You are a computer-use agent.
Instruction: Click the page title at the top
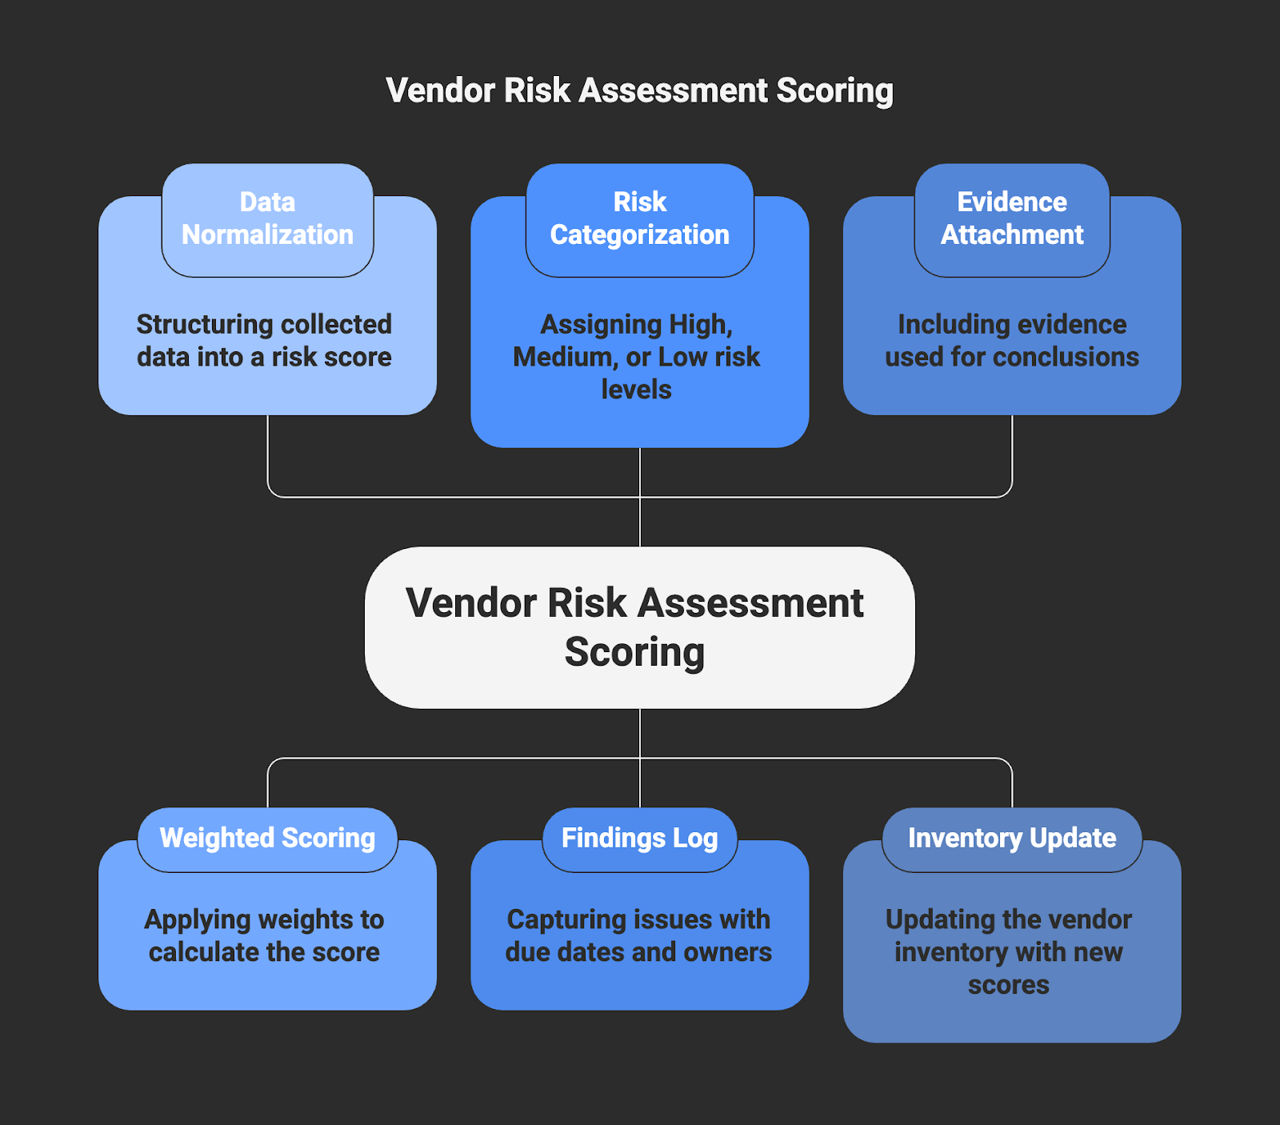tap(639, 90)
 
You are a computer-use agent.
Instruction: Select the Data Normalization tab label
tap(267, 218)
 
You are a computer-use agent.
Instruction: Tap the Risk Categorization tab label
tap(639, 218)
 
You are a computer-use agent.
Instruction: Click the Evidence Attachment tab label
tap(1012, 218)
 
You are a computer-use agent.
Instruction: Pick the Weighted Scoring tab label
tap(267, 838)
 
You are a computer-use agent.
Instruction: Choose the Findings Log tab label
tap(639, 838)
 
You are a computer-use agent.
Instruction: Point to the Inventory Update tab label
tap(1012, 838)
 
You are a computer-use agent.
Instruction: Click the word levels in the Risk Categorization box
tap(636, 390)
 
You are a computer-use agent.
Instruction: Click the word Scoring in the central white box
tap(634, 652)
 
